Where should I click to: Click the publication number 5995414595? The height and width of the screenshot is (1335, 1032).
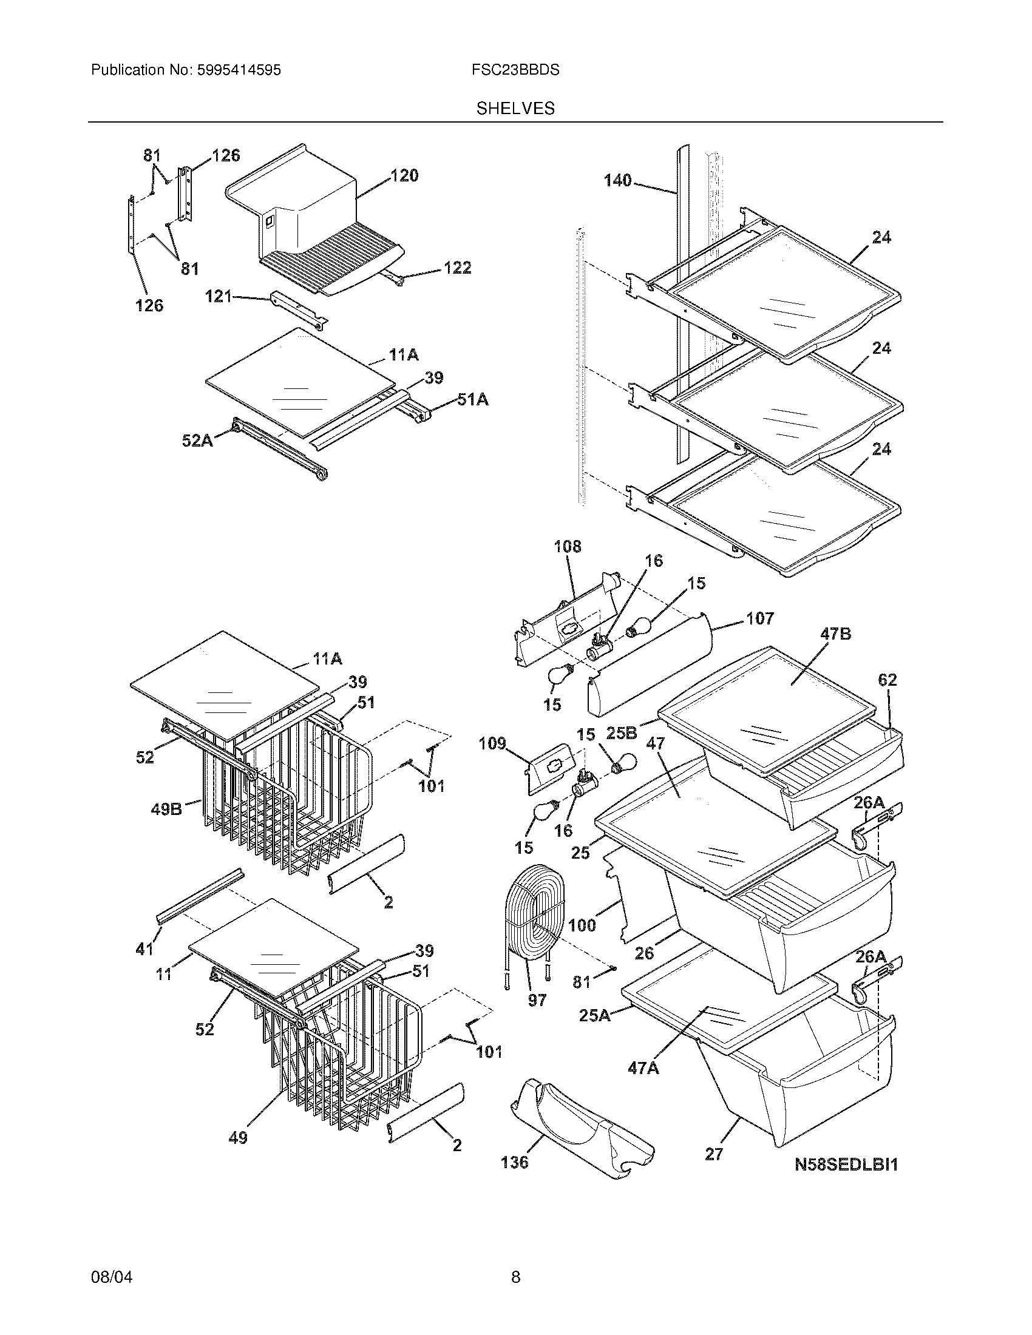[239, 70]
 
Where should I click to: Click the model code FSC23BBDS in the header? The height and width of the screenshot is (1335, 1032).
[515, 70]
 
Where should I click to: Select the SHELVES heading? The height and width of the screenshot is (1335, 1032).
[515, 109]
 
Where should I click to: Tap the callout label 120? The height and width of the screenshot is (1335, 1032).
[404, 176]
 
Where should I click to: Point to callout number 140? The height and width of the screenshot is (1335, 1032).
[617, 180]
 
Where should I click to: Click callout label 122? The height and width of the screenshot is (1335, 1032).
[457, 268]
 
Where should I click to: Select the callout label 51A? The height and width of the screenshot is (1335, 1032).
[472, 400]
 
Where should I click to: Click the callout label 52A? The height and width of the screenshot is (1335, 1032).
[197, 440]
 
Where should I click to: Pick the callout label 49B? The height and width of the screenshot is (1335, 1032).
[166, 810]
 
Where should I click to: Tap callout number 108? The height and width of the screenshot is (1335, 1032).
[568, 547]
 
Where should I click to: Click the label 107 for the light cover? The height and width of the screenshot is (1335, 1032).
[759, 618]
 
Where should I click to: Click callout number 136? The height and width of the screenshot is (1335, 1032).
[514, 1162]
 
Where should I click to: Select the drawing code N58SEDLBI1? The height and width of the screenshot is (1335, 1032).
[846, 1165]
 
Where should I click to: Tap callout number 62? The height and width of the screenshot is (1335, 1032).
[887, 680]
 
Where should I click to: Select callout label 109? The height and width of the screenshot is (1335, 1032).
[492, 744]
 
